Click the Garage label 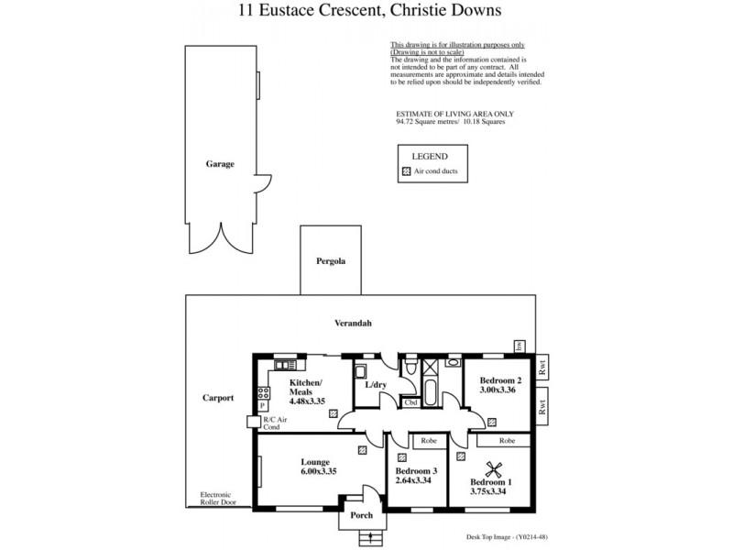(220, 164)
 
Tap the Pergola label (332, 261)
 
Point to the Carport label (218, 398)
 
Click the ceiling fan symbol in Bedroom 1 (494, 468)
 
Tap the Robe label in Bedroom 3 (427, 441)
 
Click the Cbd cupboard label (410, 402)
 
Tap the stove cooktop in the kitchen (264, 392)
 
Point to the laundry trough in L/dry (361, 372)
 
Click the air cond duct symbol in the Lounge (364, 449)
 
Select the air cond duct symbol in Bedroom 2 (492, 423)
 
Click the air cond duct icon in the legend (406, 171)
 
